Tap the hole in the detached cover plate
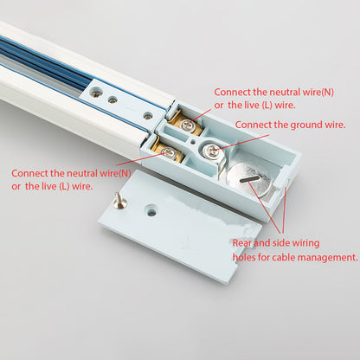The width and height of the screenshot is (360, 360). click(x=151, y=209)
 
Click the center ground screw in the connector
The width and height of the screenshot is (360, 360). click(x=210, y=151)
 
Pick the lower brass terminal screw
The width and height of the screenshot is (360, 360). click(x=168, y=153)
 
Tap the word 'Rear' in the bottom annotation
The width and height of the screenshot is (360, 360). click(x=245, y=243)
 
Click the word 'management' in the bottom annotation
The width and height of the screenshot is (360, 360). click(x=326, y=257)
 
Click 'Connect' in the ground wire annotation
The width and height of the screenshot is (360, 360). click(x=253, y=125)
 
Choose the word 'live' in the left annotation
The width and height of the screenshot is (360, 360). click(x=48, y=186)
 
